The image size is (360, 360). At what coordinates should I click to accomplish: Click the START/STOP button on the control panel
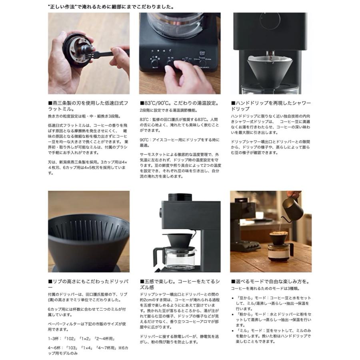coord(202,54)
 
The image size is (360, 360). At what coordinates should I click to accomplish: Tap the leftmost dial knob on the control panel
coord(154,62)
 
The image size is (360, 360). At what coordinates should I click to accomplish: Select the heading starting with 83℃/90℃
coord(179,103)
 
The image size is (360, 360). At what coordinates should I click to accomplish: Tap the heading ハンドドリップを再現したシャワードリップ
coord(271,106)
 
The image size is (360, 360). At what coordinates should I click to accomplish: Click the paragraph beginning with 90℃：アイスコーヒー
coord(179,142)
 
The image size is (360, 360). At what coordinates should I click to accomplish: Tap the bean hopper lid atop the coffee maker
coord(178,197)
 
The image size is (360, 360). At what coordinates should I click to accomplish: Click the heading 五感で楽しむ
coord(179,284)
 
